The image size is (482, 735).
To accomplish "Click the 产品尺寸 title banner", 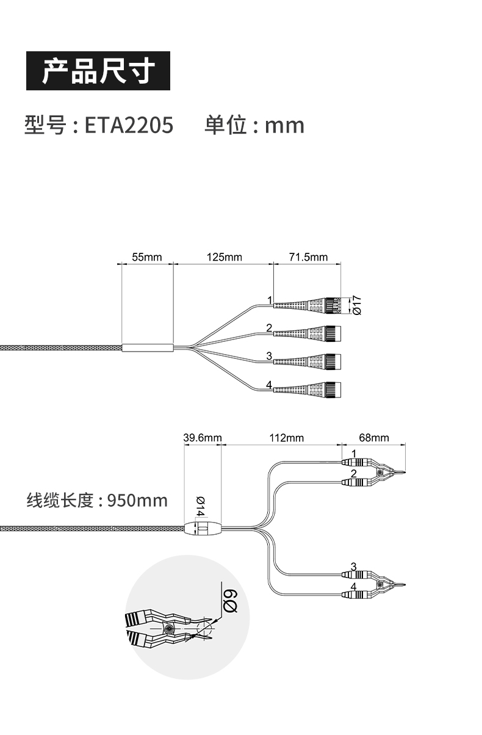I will click(x=98, y=72).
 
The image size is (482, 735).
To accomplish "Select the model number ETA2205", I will click(x=129, y=125).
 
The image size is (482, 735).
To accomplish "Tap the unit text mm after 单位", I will click(x=284, y=126).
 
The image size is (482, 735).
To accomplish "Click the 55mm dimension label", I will click(x=147, y=257).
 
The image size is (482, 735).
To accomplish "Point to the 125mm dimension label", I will click(x=224, y=257).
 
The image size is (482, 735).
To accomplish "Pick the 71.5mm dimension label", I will click(x=308, y=257).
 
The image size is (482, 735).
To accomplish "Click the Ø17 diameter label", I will click(x=358, y=305).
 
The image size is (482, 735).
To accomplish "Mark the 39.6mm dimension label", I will click(x=203, y=438).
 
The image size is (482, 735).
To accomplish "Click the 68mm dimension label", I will click(x=373, y=438).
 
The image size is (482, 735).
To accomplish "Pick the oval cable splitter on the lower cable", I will click(x=202, y=529).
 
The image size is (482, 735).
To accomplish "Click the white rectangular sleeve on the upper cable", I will click(x=148, y=348).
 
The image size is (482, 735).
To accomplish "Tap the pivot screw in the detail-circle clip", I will click(x=168, y=629).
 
